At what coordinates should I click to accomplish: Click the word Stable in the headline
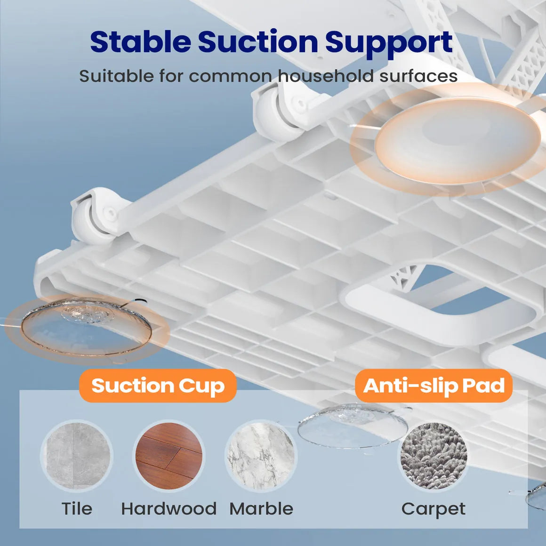140,42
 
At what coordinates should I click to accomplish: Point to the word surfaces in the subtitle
418,76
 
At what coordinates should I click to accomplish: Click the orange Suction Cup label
158,385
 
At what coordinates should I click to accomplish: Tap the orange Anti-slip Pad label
434,385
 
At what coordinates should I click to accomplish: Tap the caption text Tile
77,509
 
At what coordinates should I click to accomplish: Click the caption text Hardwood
169,509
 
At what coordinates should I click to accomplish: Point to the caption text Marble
261,509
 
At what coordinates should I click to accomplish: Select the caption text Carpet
434,509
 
